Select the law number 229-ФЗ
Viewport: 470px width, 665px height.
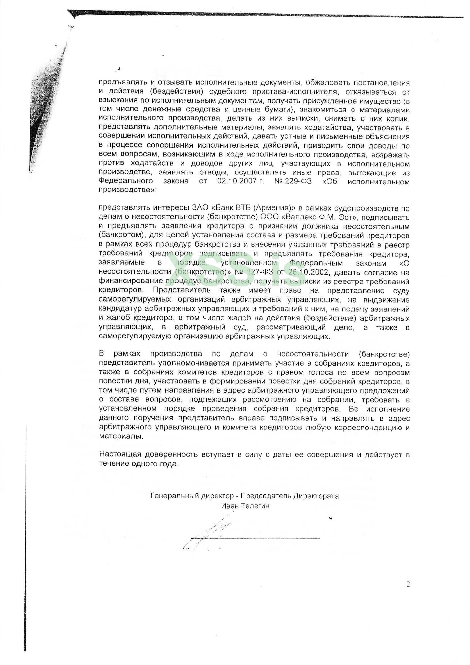tap(296, 181)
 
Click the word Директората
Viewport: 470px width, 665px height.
tap(316, 496)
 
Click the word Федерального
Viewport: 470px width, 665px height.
tap(126, 181)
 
